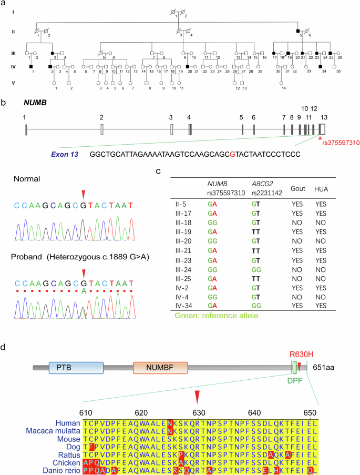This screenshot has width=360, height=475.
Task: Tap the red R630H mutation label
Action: (x=303, y=353)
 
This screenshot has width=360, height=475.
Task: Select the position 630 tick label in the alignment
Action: (x=197, y=412)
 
